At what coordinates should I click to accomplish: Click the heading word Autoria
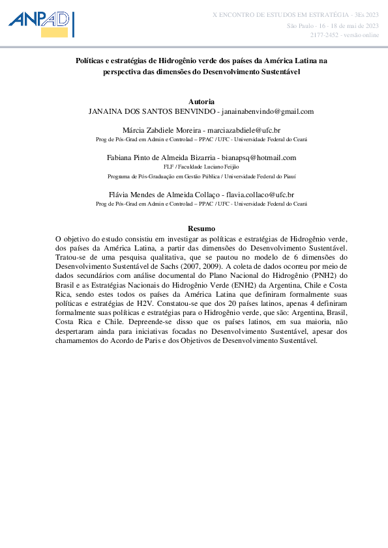[x=201, y=102]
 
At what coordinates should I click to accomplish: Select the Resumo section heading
[x=201, y=228]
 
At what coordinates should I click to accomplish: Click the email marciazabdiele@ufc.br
[x=253, y=130]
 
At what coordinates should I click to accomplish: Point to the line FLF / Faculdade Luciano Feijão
[x=201, y=167]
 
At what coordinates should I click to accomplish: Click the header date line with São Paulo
[x=333, y=25]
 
